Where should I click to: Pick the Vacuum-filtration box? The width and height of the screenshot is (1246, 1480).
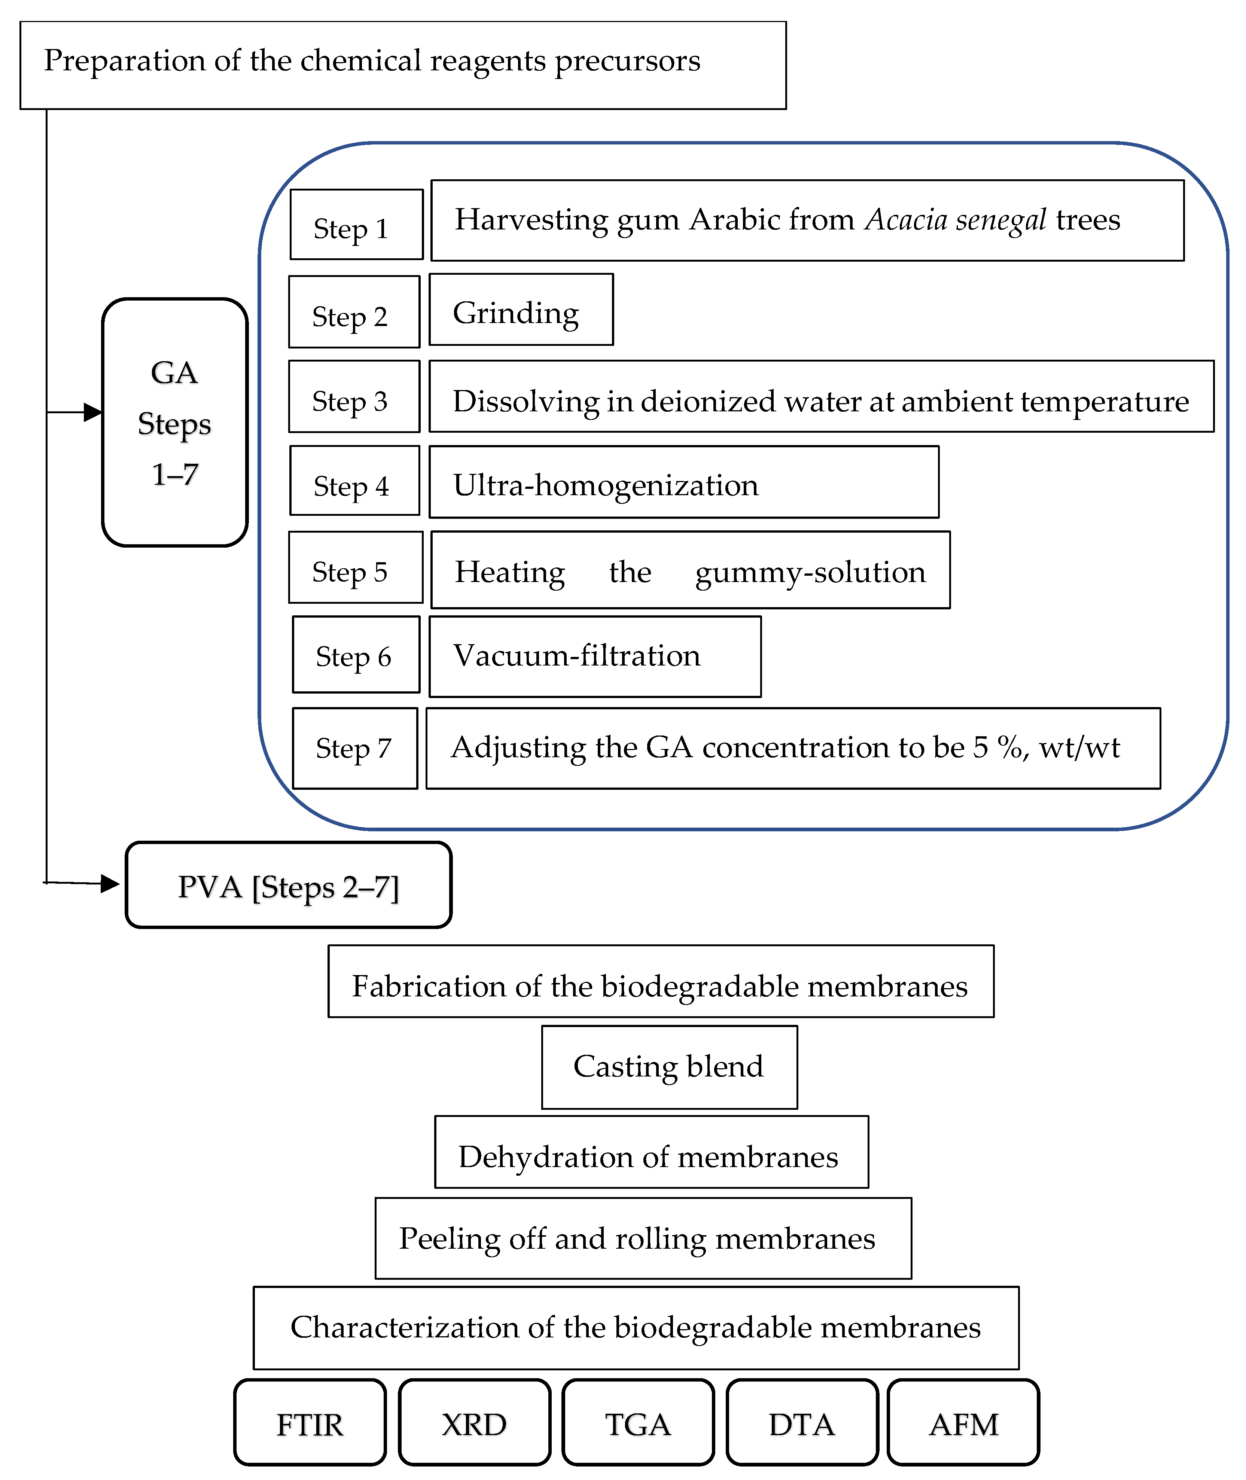(x=595, y=656)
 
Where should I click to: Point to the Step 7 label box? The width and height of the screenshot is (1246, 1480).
(x=354, y=748)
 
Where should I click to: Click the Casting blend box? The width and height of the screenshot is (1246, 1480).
(x=669, y=1067)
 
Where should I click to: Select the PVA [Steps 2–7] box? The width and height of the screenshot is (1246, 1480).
(x=288, y=884)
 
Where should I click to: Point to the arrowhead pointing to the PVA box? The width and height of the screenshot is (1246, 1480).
(x=110, y=883)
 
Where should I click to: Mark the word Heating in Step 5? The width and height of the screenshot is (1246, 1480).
(x=509, y=572)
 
